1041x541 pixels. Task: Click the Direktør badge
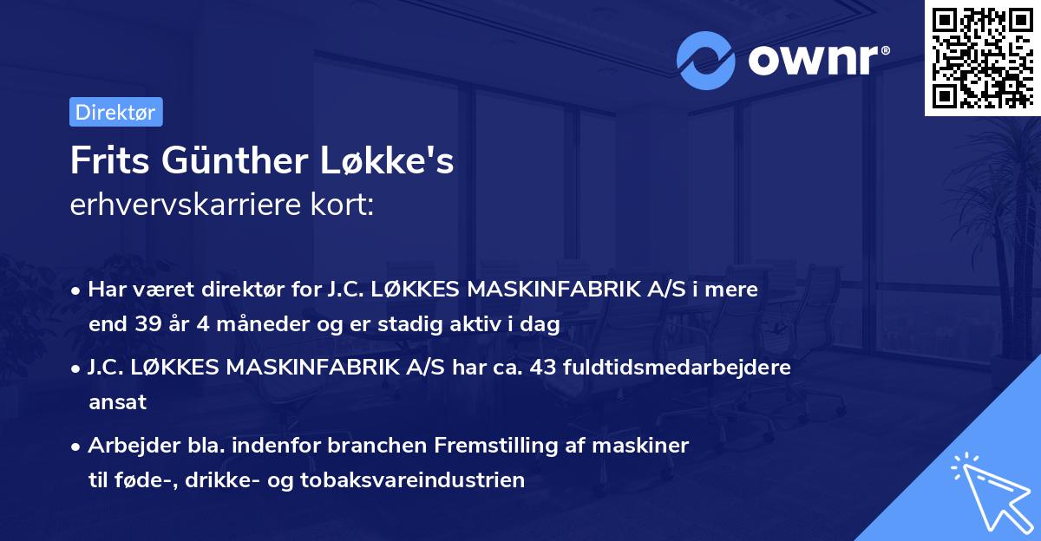[x=115, y=112]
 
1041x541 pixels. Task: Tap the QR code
[x=982, y=57]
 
